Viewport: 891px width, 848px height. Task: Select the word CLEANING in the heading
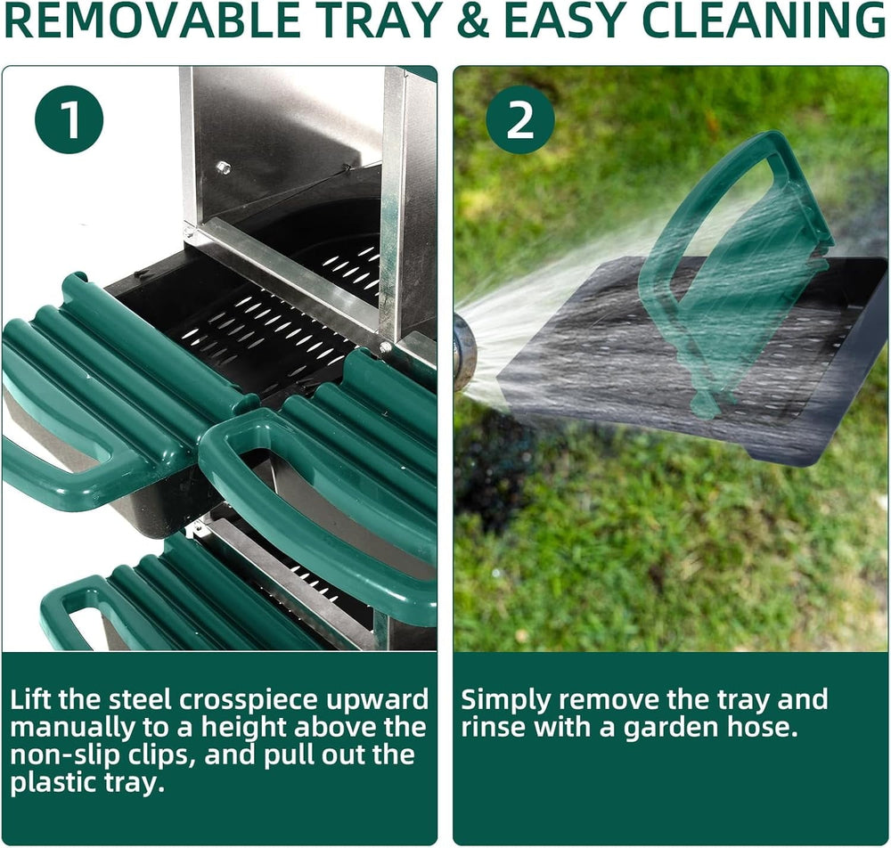[764, 21]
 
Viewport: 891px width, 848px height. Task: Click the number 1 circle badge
[69, 120]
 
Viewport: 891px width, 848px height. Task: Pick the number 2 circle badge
[520, 120]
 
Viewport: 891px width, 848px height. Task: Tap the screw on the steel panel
[223, 167]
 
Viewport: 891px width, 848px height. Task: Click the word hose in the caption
[766, 728]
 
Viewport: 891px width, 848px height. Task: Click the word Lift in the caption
[30, 700]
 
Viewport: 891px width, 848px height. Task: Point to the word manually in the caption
[65, 729]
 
